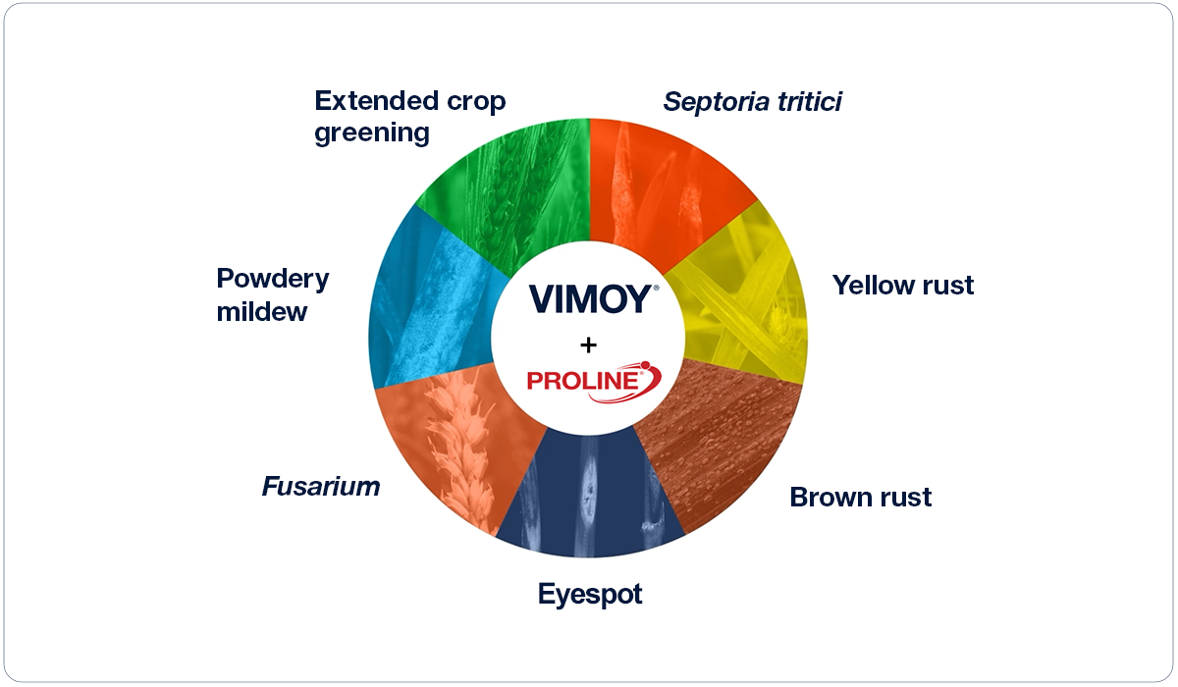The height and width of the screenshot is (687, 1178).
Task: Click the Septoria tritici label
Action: (x=752, y=102)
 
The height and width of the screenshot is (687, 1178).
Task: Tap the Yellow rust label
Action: (x=903, y=286)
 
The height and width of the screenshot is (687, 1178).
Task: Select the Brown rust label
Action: (x=860, y=498)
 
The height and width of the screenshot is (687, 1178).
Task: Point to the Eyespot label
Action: (x=589, y=595)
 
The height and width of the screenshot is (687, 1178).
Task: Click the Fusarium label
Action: (x=320, y=487)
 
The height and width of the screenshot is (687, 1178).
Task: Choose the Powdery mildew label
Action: (x=272, y=294)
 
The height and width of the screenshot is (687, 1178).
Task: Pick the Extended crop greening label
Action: (x=409, y=117)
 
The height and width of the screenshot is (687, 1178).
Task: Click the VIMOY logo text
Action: (x=589, y=298)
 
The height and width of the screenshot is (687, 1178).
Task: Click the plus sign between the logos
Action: (x=589, y=343)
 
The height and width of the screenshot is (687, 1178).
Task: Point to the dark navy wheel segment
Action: (x=589, y=501)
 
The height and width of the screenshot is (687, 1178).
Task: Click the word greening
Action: (x=372, y=132)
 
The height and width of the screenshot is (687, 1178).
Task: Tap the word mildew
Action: (x=262, y=312)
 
